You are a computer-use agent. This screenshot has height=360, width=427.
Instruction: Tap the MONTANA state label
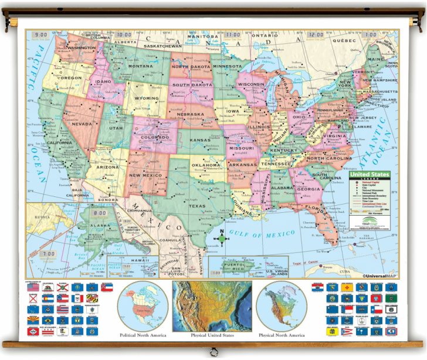point(140,67)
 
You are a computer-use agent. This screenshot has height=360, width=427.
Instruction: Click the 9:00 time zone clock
point(41,35)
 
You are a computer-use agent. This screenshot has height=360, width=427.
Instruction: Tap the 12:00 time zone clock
point(317,35)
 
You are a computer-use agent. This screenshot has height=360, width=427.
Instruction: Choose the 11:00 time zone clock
point(234,35)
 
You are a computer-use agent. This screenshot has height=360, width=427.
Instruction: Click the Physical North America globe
point(281,306)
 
